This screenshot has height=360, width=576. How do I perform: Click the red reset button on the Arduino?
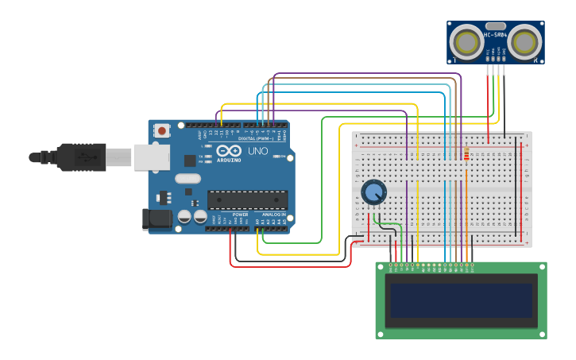162,130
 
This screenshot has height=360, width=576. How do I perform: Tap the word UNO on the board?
258,151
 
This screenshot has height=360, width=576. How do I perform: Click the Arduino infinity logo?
228,151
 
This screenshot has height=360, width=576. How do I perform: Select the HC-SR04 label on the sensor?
495,35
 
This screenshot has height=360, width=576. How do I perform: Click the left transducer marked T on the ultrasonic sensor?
466,41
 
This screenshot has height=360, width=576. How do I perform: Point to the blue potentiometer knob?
373,192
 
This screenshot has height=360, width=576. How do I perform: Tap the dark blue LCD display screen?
460,300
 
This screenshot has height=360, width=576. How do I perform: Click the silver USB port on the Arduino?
151,157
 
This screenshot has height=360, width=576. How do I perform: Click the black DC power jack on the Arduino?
157,219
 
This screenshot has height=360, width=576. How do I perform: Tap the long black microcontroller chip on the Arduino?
247,199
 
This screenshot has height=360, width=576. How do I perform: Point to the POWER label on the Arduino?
241,215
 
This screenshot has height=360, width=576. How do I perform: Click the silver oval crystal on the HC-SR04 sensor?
495,25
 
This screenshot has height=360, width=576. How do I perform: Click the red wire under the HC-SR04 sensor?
488,99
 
